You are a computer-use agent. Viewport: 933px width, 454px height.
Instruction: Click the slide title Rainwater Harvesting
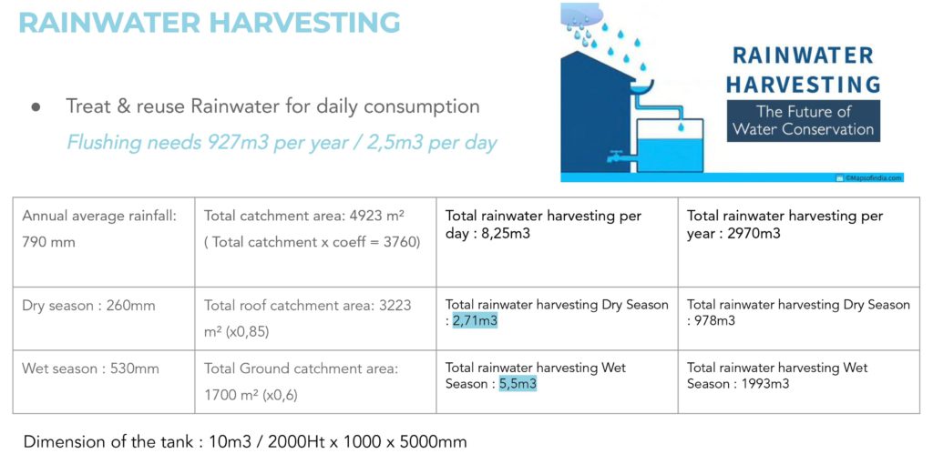210,23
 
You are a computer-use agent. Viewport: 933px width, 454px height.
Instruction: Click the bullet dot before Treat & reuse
36,107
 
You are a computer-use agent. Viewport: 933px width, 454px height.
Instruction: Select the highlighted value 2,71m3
475,321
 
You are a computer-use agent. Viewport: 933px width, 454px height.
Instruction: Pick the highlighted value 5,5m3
518,384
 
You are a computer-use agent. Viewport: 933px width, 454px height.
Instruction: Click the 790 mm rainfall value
49,242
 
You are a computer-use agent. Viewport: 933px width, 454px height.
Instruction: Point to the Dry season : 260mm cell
88,306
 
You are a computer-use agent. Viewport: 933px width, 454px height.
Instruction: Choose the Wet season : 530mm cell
90,369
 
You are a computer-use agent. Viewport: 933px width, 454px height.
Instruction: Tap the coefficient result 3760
399,242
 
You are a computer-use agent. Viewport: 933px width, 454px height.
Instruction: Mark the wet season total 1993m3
765,384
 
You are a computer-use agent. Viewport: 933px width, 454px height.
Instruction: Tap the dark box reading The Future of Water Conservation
804,121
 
